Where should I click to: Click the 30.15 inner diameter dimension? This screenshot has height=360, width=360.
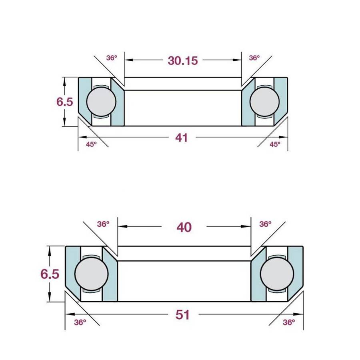coord(183,61)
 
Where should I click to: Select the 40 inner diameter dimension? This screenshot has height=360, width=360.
coord(184,227)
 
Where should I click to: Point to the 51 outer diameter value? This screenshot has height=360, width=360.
coord(182,315)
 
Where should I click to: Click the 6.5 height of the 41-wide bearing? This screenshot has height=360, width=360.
coord(64,102)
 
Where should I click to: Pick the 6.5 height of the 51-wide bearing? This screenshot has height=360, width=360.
coord(50,274)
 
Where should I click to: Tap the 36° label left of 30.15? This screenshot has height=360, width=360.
coord(112,58)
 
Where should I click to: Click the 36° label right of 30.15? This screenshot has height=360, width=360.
coord(254,58)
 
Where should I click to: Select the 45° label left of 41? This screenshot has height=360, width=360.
coord(92,144)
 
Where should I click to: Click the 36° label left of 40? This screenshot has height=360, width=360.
coord(103,224)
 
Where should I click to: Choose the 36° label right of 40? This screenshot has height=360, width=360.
coord(265,224)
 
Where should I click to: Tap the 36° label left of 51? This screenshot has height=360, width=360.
coord(80,322)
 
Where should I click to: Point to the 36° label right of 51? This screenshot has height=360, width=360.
coord(288,322)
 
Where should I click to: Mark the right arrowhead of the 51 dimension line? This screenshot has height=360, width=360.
coord(300,315)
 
